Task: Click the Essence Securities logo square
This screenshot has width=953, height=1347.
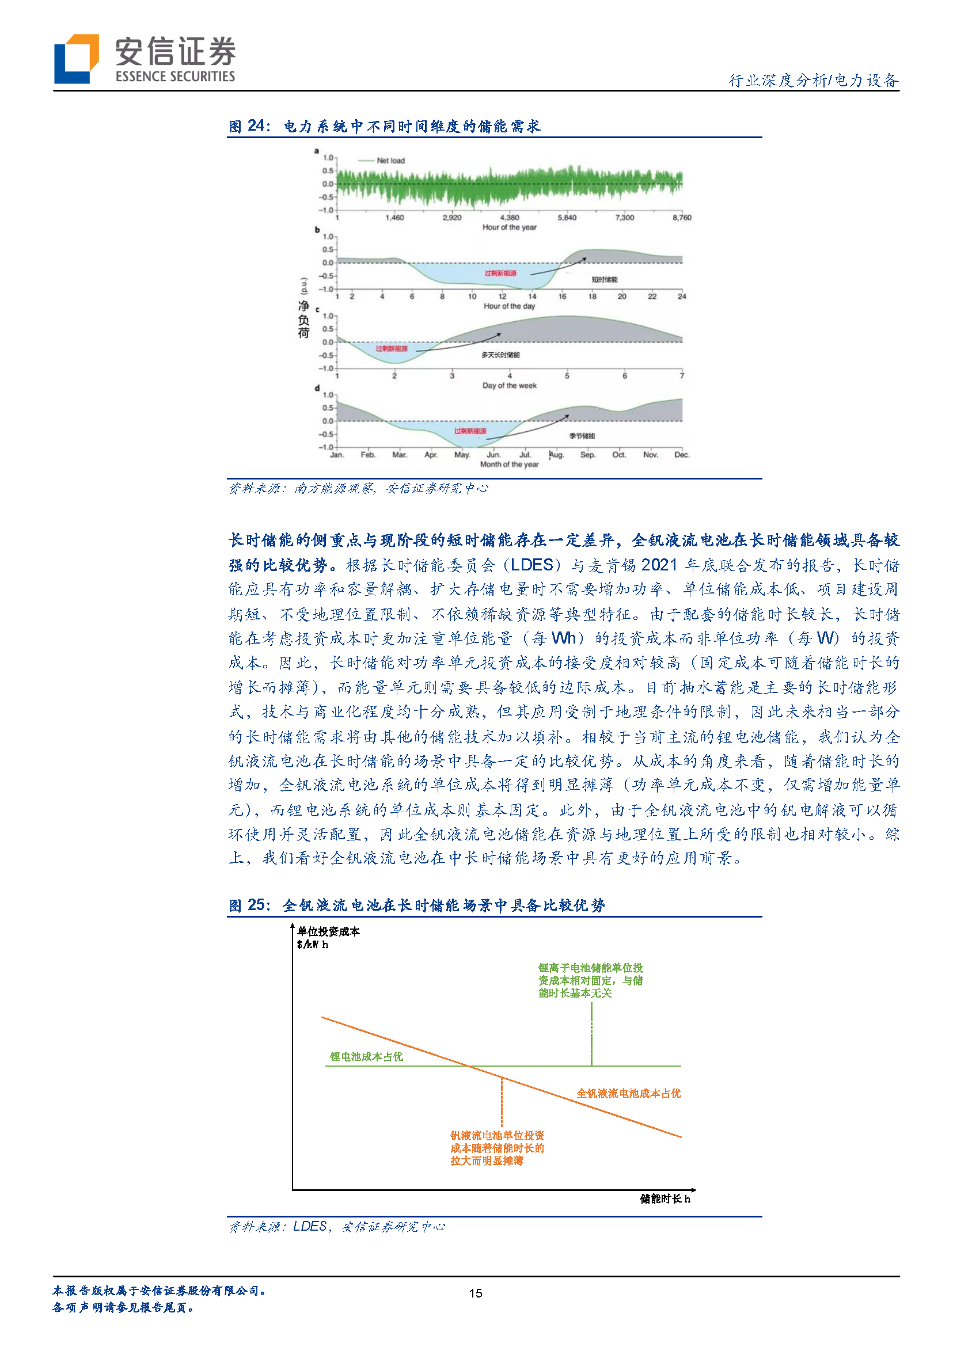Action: coord(75,59)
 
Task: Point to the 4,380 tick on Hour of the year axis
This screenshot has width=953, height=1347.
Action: coord(510,218)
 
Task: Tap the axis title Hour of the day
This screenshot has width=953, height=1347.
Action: coord(510,306)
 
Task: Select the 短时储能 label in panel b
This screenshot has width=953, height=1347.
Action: coord(604,279)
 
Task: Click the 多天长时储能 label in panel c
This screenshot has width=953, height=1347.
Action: coord(500,355)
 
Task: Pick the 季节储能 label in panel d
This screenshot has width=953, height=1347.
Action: coord(582,436)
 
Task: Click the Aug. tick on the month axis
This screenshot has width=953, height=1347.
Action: coord(556,455)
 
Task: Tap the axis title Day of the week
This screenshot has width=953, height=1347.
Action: coord(510,386)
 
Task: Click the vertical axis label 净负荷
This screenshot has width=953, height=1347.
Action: coord(303,319)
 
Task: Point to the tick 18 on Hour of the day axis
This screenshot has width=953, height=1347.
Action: coord(592,296)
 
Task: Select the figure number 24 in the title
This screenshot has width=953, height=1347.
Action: coord(256,125)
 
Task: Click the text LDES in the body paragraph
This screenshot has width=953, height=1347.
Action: coord(531,565)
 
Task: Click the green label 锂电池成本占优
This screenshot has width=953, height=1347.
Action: coord(366,1057)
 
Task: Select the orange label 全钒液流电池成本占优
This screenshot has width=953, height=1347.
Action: coord(628,1093)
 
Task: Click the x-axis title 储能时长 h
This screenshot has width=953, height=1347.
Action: coord(665,1198)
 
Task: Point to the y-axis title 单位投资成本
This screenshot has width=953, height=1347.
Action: coord(328,931)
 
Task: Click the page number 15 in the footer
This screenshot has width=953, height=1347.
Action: coord(476,1293)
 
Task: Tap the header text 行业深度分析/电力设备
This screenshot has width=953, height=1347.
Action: coord(813,80)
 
